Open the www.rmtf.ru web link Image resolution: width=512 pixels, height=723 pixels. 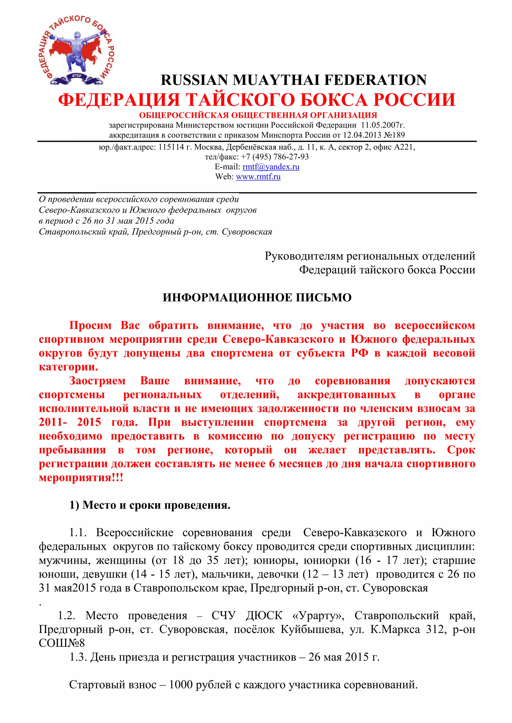click(258, 177)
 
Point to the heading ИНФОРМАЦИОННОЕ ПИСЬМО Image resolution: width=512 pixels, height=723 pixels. click(257, 298)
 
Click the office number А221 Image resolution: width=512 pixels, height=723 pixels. click(404, 147)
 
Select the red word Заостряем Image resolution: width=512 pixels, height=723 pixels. click(97, 381)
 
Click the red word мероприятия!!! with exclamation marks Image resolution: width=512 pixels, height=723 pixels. click(81, 478)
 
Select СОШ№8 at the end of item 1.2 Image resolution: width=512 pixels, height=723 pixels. click(62, 643)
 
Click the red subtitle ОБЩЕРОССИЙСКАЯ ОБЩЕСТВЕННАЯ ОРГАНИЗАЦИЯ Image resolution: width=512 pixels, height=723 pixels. click(258, 115)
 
